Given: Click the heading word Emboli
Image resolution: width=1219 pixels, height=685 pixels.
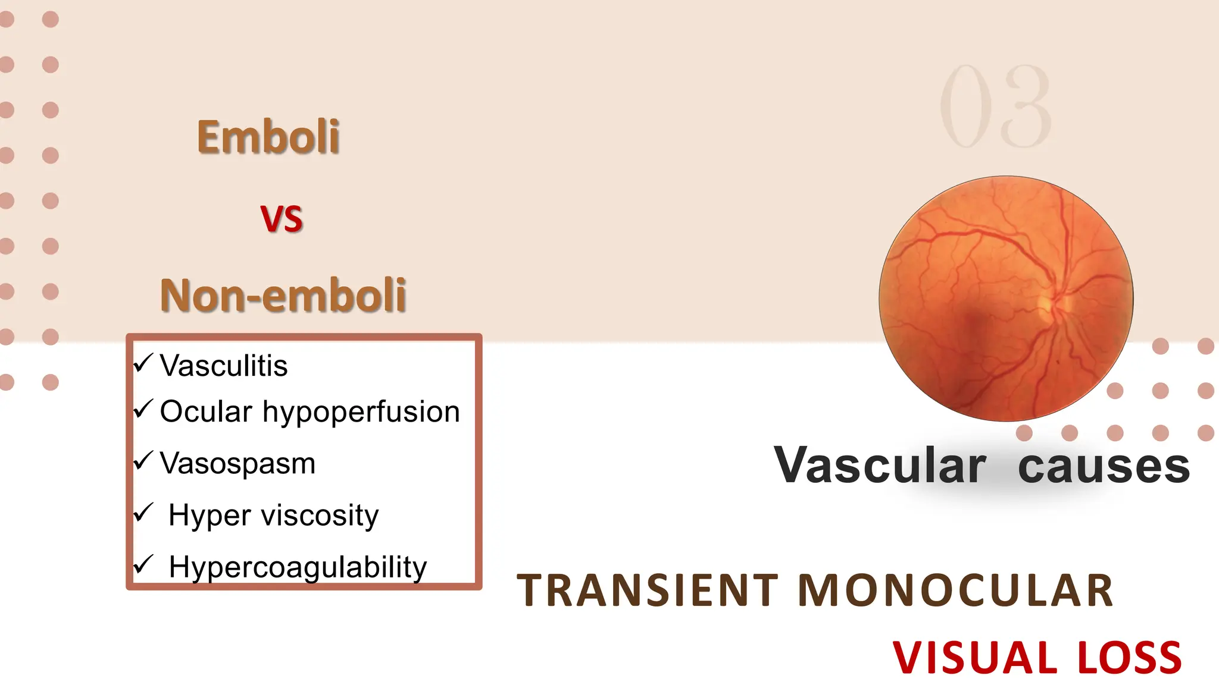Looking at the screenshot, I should tap(268, 137).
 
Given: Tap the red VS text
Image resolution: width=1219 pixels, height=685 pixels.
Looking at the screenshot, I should tap(282, 218).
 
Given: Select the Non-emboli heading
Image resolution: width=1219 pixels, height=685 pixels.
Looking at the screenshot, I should tap(283, 295).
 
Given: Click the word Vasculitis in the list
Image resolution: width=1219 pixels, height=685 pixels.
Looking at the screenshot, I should tap(224, 366).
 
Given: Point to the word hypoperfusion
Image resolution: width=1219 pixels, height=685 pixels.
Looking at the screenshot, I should tap(361, 412).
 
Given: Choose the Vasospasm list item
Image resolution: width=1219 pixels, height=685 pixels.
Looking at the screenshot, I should tap(237, 463).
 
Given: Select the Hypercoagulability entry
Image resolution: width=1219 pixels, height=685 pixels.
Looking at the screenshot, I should tap(298, 567).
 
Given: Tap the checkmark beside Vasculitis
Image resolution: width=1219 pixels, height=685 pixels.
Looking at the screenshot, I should tap(143, 362).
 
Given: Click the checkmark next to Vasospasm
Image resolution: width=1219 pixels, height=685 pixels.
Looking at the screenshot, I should tap(143, 460).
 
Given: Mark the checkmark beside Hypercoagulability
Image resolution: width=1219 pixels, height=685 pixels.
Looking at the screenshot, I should tap(143, 564).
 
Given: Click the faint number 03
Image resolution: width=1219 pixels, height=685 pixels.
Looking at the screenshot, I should tap(995, 107).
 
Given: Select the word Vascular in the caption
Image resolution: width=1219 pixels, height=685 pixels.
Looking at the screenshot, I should tap(880, 466).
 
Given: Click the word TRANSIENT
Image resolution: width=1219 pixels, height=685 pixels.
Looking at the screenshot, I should tap(648, 590).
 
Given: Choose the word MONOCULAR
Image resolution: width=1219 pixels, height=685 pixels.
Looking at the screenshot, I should tap(955, 590).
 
